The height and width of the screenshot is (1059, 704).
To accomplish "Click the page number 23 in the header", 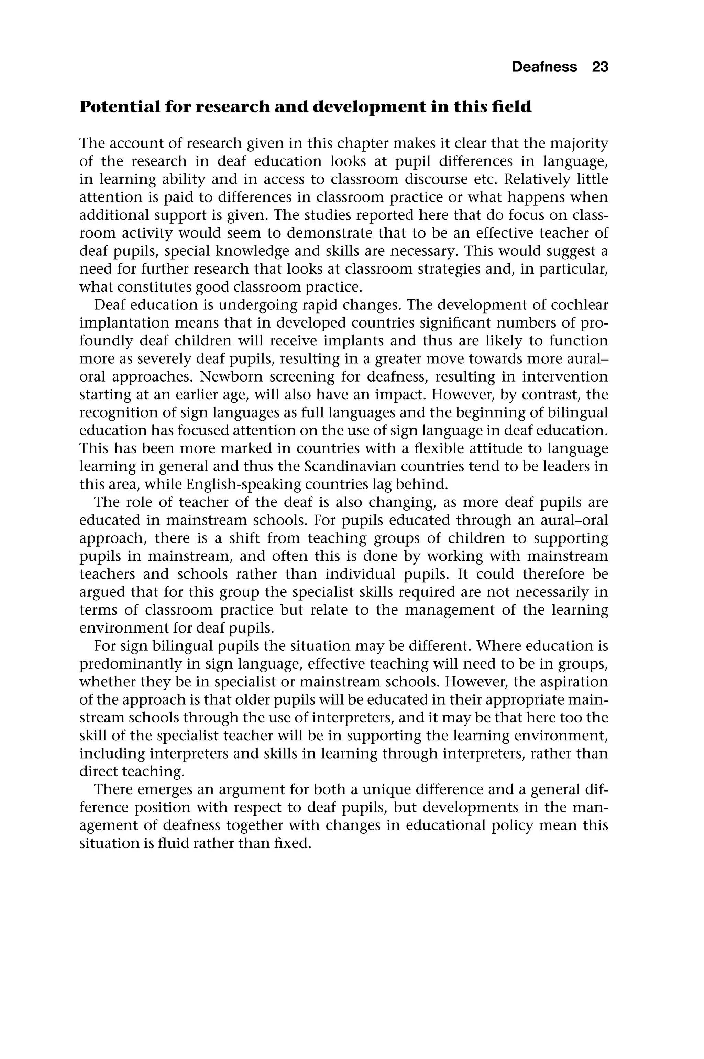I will coord(600,67).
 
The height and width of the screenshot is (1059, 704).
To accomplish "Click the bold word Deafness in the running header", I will coord(544,67).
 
